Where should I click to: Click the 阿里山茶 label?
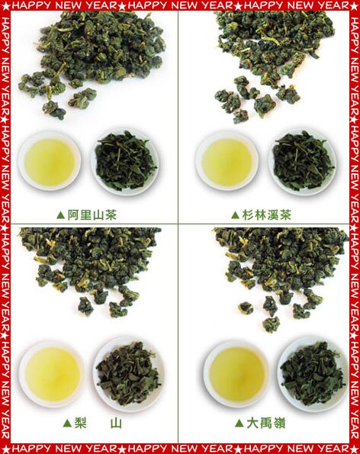92,215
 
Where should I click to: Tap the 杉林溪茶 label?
267,215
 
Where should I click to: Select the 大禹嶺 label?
266,423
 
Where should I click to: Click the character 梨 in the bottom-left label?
80,423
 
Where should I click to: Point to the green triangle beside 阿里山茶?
60,215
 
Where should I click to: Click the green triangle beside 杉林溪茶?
235,215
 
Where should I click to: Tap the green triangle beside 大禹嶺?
239,423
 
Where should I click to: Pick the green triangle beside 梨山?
67,423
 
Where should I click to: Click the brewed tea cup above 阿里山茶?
50,161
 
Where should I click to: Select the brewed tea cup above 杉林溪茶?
227,161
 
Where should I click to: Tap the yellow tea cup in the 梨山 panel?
52,374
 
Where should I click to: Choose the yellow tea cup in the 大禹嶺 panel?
236,374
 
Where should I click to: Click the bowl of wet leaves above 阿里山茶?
125,161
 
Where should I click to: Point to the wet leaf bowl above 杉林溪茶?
303,161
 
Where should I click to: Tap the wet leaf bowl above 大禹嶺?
313,374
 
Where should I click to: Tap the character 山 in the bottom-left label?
116,423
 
